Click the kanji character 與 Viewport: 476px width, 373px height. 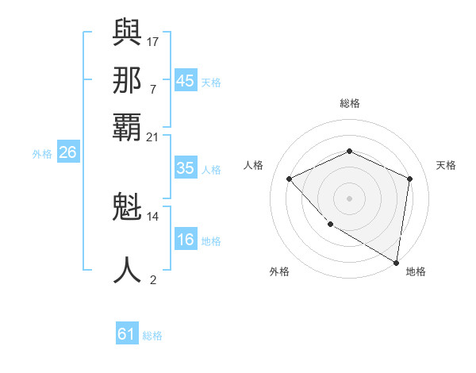[x=128, y=31]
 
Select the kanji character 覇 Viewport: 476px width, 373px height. [x=128, y=127]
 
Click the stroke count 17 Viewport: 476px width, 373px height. [x=153, y=40]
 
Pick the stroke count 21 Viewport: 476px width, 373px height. [x=153, y=137]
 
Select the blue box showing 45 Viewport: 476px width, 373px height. [x=185, y=81]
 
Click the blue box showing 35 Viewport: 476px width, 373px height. [x=185, y=168]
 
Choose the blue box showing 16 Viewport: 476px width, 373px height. [x=185, y=240]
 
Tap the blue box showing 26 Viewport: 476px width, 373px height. [x=67, y=152]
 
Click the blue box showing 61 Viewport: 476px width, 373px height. [x=127, y=334]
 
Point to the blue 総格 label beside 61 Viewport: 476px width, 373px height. [x=152, y=336]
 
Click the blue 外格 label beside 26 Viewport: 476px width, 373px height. [x=42, y=154]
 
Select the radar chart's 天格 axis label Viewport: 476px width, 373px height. [x=446, y=165]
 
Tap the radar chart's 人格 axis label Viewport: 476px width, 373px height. [x=254, y=165]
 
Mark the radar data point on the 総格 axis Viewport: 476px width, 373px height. [x=349, y=152]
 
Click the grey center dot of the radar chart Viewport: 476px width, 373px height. [x=349, y=198]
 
